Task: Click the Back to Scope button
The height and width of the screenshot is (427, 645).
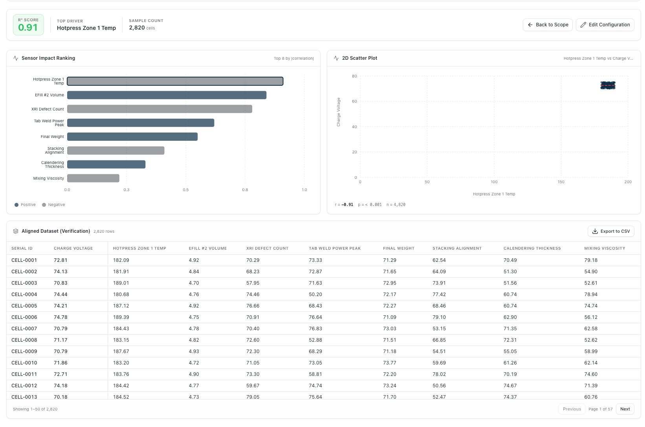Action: [548, 25]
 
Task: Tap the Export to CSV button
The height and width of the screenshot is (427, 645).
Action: [611, 231]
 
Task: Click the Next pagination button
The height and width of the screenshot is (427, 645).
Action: [625, 409]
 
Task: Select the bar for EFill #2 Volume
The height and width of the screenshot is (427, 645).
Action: [167, 95]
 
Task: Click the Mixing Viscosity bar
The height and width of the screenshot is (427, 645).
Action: [93, 179]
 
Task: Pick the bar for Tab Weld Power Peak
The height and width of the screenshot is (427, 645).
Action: [141, 123]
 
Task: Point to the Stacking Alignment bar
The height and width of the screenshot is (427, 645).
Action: [116, 151]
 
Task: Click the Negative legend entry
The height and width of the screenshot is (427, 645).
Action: [53, 205]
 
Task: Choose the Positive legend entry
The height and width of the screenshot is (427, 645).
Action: [25, 205]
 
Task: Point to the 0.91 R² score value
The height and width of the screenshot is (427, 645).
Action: [28, 28]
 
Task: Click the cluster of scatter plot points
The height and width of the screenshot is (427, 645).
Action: [608, 85]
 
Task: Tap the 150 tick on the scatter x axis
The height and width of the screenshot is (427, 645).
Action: [561, 182]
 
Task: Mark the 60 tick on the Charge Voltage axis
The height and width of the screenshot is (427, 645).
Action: [354, 101]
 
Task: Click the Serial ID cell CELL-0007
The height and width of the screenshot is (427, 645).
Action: [24, 328]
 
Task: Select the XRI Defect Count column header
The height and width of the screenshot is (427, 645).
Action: [267, 248]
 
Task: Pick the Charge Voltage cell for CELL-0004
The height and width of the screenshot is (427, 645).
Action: [60, 294]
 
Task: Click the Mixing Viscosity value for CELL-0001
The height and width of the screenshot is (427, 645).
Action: [591, 260]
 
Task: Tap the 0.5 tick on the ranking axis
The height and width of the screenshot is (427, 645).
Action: [186, 190]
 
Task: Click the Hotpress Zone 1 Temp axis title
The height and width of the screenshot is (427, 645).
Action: [494, 194]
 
